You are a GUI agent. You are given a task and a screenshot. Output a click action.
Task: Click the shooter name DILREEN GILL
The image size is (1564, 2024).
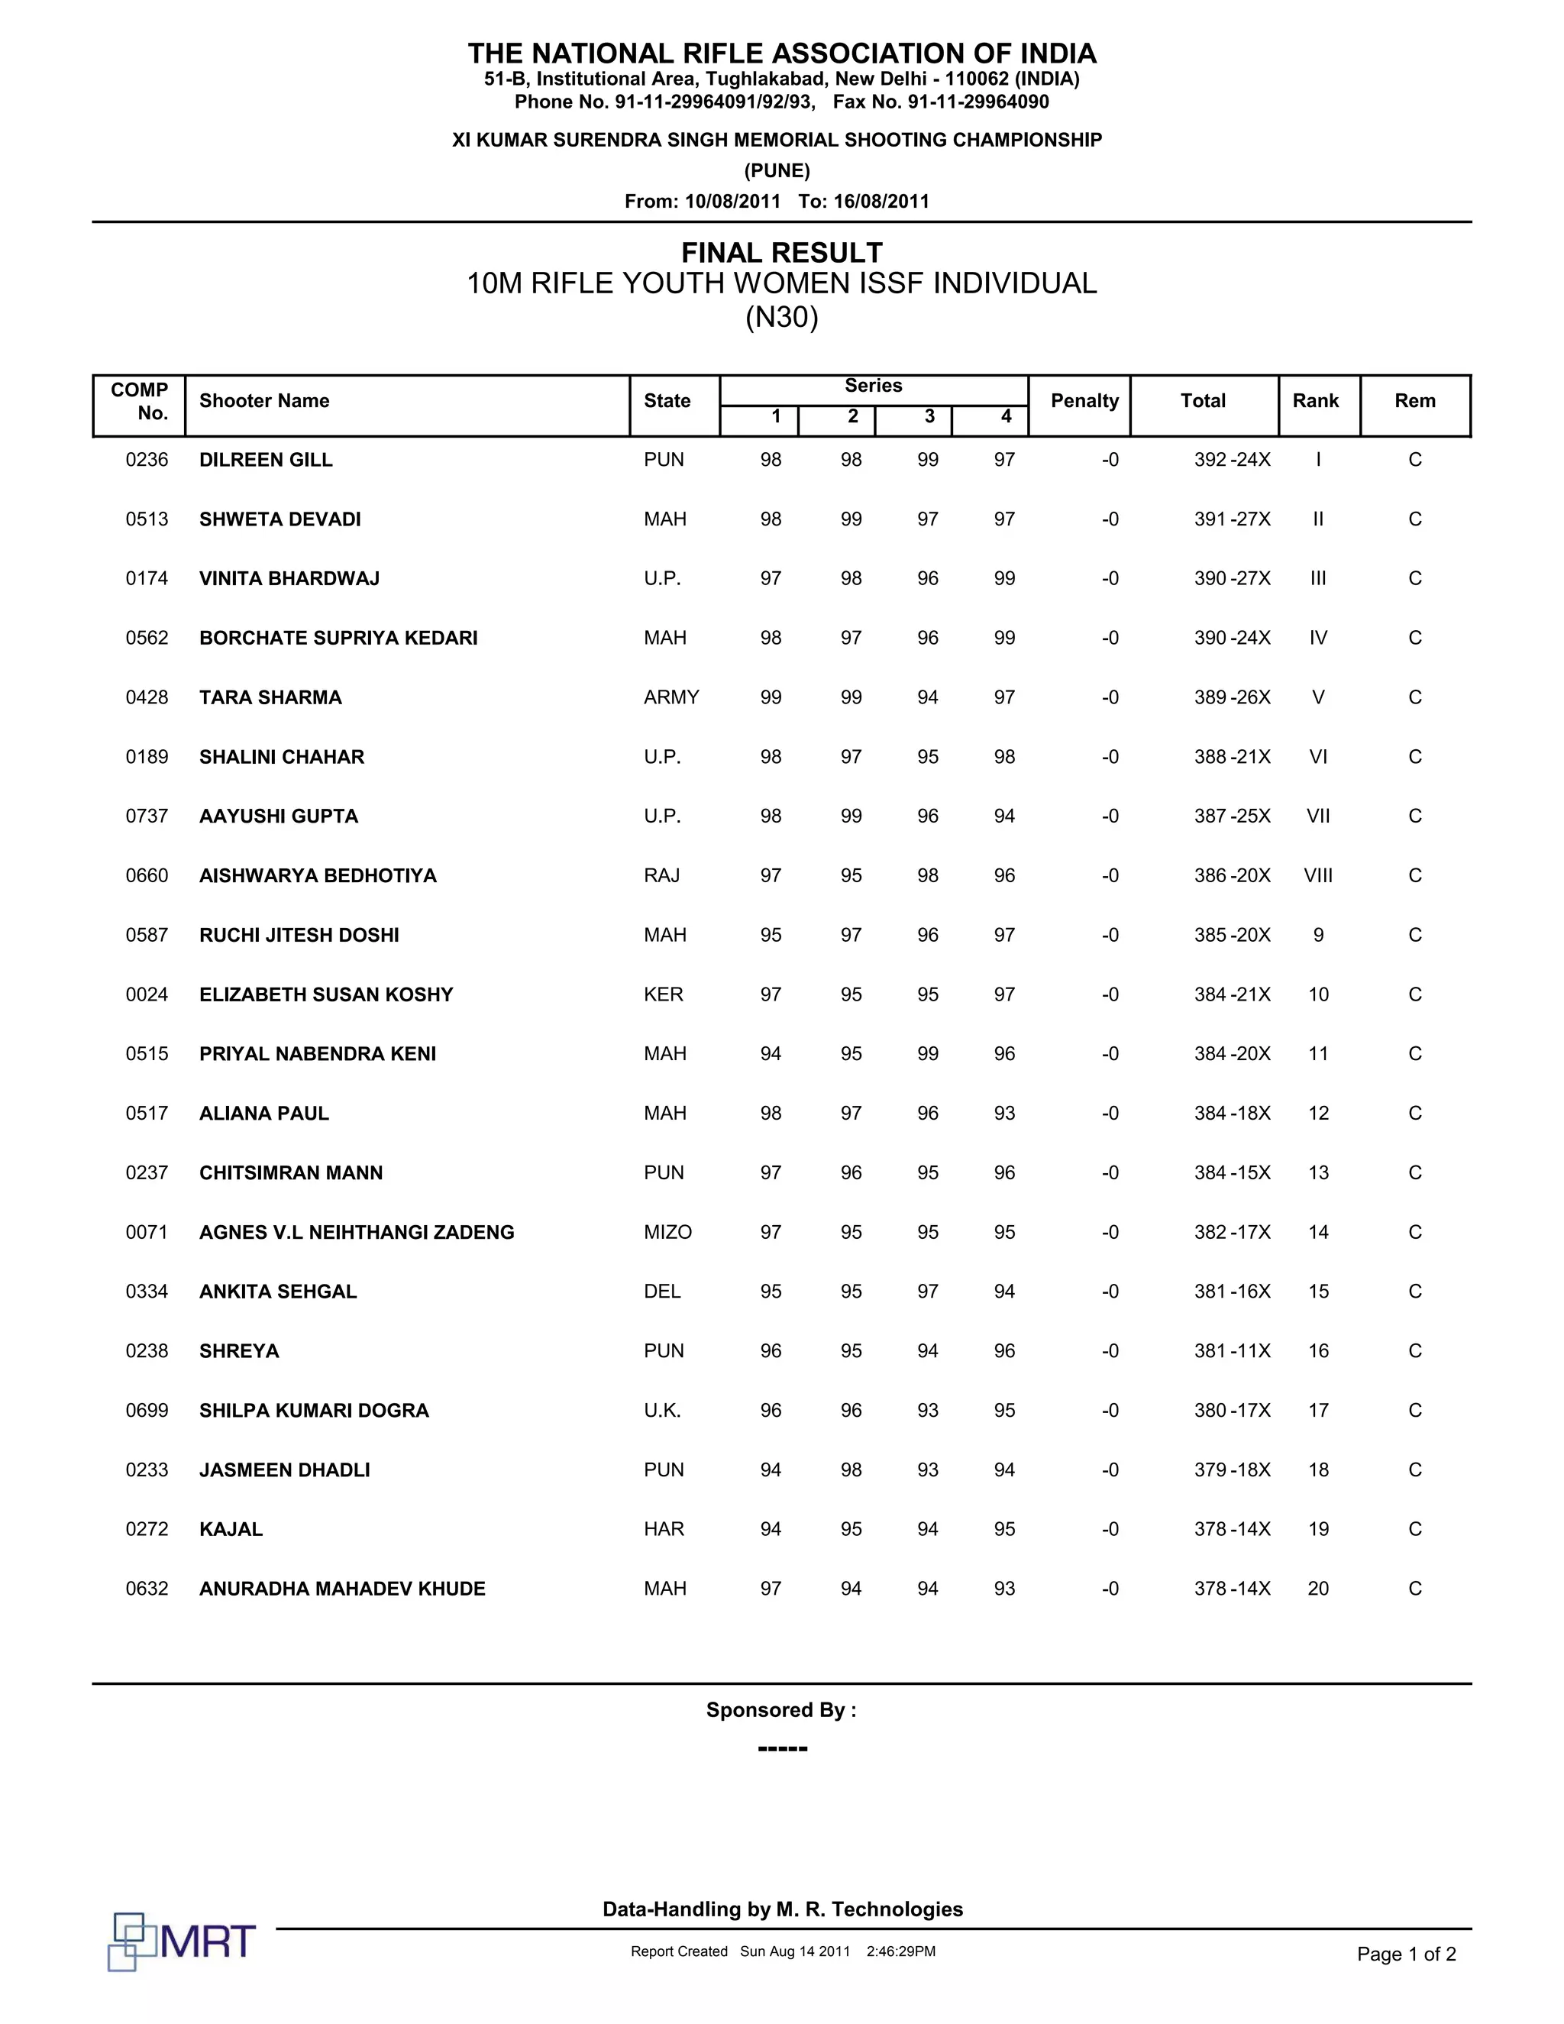(x=266, y=460)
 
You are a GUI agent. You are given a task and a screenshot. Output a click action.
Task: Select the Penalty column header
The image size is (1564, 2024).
(x=1084, y=401)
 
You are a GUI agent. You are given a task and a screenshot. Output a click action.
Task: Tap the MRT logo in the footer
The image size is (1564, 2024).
(x=182, y=1941)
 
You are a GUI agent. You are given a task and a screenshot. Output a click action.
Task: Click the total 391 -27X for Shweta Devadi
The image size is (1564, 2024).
(x=1231, y=519)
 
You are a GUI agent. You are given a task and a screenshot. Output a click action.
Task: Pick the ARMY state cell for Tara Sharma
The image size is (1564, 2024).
(x=671, y=697)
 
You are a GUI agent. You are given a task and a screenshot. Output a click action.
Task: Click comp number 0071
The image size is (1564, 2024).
(x=147, y=1232)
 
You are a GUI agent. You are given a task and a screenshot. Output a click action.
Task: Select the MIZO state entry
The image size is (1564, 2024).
(x=667, y=1232)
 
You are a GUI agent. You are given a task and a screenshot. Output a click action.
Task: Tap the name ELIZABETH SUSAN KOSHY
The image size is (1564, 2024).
(x=326, y=994)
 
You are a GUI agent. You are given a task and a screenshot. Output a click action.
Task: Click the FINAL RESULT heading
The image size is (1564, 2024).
(x=782, y=252)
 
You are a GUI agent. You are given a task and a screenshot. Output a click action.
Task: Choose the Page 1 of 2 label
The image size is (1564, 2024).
(x=1406, y=1954)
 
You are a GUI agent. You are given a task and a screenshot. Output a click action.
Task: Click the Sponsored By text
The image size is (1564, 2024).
(x=781, y=1710)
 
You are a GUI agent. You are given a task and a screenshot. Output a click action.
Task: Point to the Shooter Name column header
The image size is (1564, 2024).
(x=264, y=401)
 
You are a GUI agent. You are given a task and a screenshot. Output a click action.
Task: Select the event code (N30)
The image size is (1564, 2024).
(x=782, y=318)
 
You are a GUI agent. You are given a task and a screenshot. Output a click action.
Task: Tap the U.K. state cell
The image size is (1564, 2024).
(x=662, y=1411)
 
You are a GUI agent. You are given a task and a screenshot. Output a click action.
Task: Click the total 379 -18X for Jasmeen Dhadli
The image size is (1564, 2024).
(x=1231, y=1470)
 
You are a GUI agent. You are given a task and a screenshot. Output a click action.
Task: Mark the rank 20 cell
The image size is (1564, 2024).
(x=1317, y=1589)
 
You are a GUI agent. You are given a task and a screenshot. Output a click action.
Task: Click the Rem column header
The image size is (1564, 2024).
(x=1415, y=401)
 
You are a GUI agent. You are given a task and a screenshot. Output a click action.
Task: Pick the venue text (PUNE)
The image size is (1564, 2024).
(x=777, y=170)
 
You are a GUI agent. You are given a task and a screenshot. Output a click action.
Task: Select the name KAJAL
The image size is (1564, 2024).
(x=231, y=1529)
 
